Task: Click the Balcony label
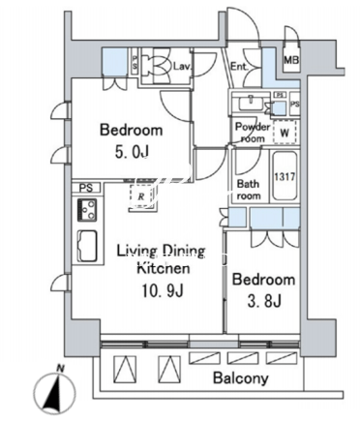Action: tap(241, 377)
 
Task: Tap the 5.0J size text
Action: tap(132, 151)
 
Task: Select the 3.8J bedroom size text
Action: tap(264, 301)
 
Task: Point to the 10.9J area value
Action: tap(163, 290)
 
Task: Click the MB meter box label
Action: tap(291, 60)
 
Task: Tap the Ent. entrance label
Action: tap(239, 67)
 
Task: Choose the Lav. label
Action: tap(183, 67)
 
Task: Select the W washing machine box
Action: tap(285, 132)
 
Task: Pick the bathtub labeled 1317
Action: tap(285, 176)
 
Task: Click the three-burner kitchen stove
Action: tap(87, 210)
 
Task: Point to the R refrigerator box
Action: tap(141, 196)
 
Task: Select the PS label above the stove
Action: tap(86, 188)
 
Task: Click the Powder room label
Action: tap(253, 133)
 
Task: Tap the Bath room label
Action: tap(249, 190)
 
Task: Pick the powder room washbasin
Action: tap(251, 104)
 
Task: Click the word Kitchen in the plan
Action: tap(164, 268)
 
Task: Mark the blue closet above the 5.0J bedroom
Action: tap(114, 61)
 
